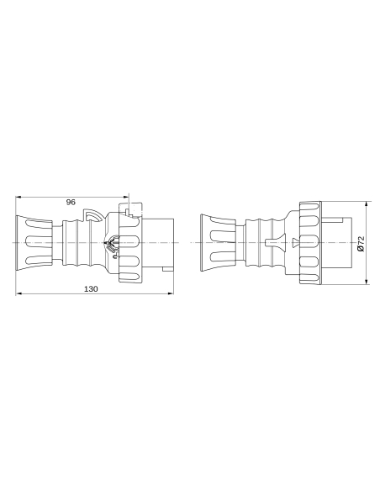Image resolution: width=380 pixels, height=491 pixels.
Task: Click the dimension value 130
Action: click(92, 288)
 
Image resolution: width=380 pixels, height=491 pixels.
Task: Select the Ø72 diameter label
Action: click(360, 244)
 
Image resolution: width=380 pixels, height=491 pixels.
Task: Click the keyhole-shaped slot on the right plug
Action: click(271, 243)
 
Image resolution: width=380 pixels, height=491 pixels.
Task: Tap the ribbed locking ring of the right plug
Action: click(310, 242)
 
